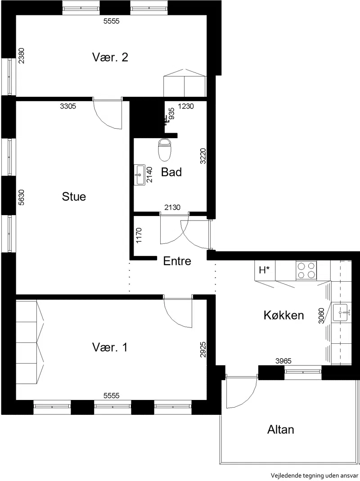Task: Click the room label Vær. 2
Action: (x=110, y=57)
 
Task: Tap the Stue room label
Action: (x=74, y=196)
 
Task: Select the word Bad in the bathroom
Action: (x=171, y=172)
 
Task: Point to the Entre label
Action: (x=177, y=261)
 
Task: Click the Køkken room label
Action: (x=283, y=315)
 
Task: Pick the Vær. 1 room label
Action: (x=109, y=347)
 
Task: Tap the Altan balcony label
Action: (x=280, y=429)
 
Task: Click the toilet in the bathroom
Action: (x=165, y=150)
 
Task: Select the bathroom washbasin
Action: (x=139, y=175)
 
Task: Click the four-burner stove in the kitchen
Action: (x=306, y=270)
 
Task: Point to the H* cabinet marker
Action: (x=264, y=270)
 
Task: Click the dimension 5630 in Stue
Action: (x=21, y=197)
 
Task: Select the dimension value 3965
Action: (x=283, y=361)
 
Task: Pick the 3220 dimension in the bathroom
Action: (x=203, y=156)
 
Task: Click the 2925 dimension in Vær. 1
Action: (x=203, y=350)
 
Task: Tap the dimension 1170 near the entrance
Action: (x=139, y=235)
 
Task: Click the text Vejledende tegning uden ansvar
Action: (x=315, y=476)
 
